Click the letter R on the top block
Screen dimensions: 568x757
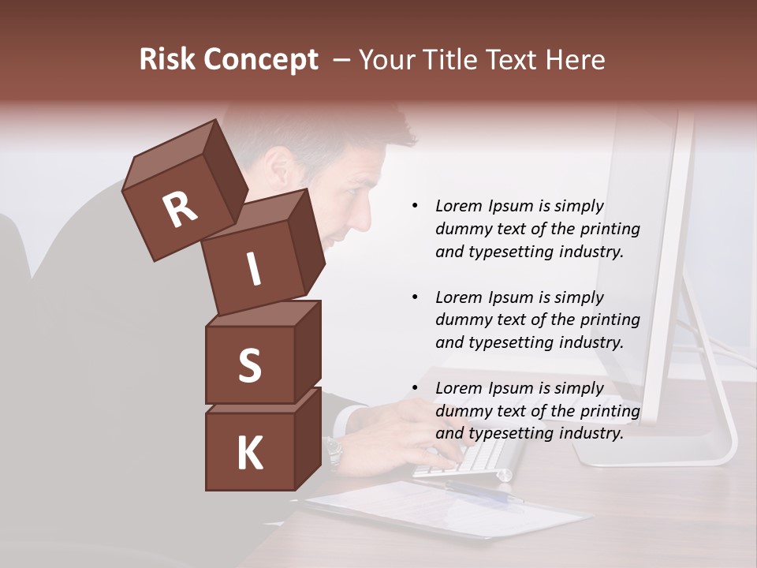[180, 210]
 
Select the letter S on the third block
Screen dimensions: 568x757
[249, 366]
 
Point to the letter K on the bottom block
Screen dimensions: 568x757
[249, 454]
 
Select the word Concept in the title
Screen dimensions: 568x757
[261, 60]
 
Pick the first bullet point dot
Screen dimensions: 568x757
[415, 207]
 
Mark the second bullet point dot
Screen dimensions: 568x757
[415, 297]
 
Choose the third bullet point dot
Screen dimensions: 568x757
[415, 388]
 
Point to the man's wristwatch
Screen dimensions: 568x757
[334, 451]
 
